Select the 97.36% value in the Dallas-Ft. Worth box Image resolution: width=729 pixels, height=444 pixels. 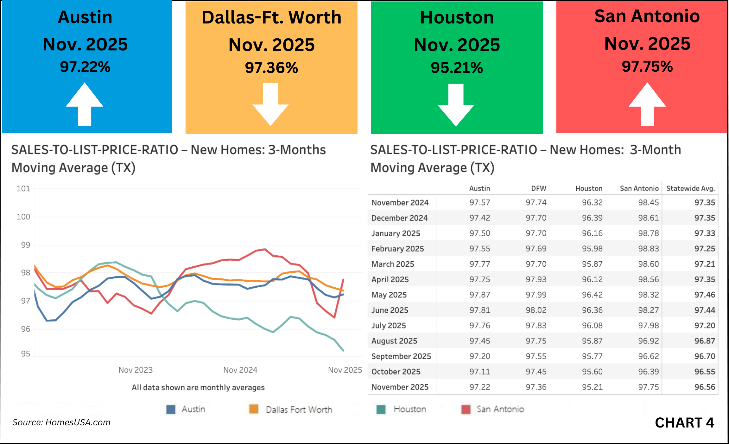click(271, 68)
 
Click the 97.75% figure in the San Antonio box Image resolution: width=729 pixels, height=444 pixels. click(647, 67)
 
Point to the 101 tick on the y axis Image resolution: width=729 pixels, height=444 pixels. click(23, 189)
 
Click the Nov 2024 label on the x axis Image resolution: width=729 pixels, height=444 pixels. click(240, 370)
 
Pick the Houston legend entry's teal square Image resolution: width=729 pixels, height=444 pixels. click(381, 409)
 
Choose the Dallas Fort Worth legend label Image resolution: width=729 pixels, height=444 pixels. click(299, 410)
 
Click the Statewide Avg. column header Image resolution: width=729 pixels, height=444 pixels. click(690, 188)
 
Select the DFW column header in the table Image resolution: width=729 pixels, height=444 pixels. click(538, 188)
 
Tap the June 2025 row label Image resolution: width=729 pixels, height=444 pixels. click(390, 310)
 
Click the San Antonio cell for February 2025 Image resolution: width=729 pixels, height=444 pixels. click(648, 249)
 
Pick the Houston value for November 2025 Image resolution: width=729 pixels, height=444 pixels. click(592, 387)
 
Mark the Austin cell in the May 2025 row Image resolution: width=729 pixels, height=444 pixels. click(479, 295)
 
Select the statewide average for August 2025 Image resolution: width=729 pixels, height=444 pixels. click(705, 341)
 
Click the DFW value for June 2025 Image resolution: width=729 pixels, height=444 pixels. click(536, 310)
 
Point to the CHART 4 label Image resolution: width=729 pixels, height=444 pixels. click(684, 423)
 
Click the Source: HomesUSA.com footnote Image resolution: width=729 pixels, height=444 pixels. click(61, 422)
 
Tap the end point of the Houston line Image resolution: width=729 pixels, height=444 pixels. click(343, 350)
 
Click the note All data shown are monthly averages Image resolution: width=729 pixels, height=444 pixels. click(198, 388)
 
